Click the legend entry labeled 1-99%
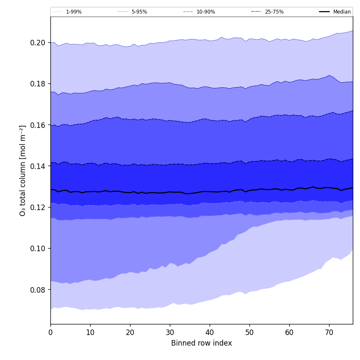(74, 12)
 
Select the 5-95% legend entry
(139, 12)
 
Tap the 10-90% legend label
(205, 12)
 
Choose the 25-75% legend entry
(274, 12)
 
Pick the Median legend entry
(342, 12)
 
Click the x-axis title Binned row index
(202, 343)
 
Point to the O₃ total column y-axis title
(23, 170)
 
